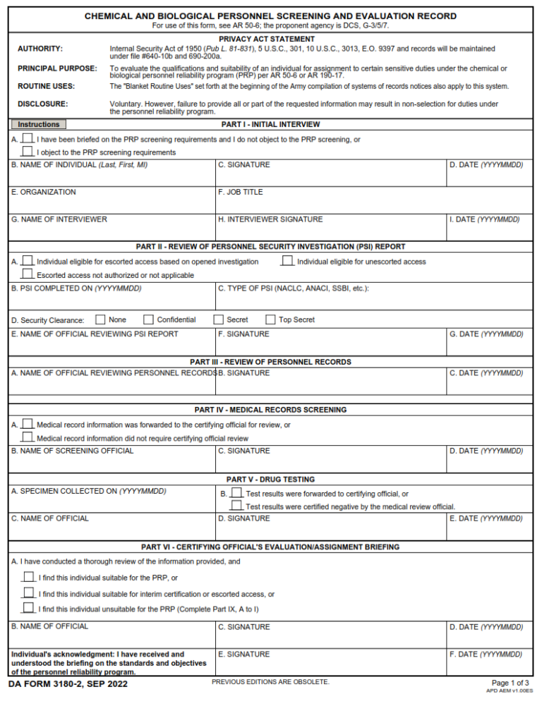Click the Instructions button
click(x=38, y=125)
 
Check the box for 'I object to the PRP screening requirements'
click(x=28, y=151)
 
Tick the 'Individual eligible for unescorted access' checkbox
click(x=287, y=261)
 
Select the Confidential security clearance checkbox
click(x=149, y=319)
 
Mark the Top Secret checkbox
click(x=270, y=319)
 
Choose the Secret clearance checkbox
click(x=219, y=319)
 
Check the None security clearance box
click(x=101, y=319)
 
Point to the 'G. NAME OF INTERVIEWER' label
click(x=59, y=219)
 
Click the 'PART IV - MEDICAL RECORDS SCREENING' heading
click(x=271, y=410)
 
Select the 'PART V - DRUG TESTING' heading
click(x=271, y=480)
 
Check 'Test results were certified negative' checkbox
click(x=236, y=506)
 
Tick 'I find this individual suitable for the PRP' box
click(x=28, y=578)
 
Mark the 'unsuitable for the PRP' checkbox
click(x=28, y=608)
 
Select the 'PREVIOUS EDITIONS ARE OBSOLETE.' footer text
click(x=270, y=682)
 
